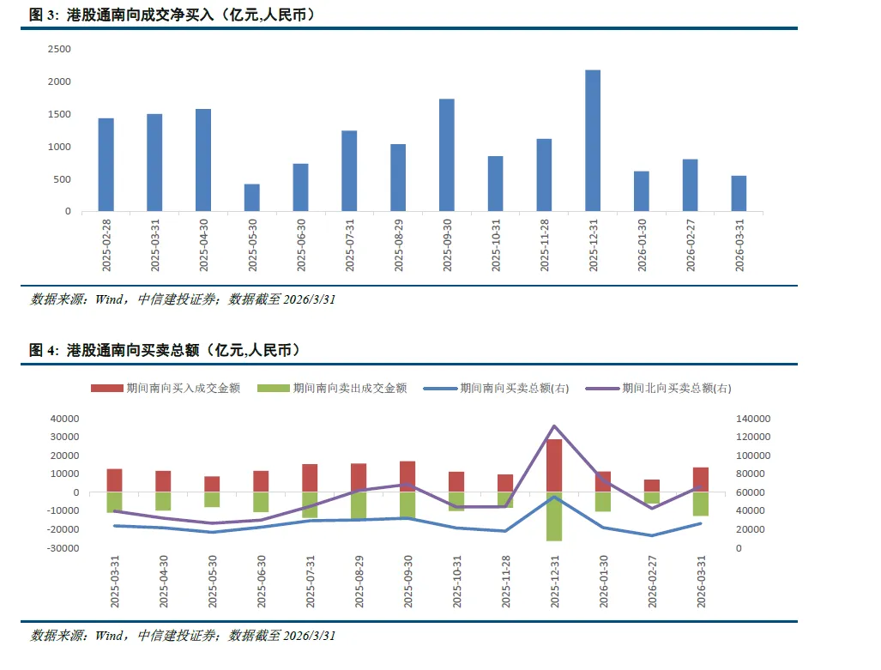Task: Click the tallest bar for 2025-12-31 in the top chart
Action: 592,141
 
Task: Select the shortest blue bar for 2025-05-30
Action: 251,197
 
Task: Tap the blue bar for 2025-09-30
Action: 446,154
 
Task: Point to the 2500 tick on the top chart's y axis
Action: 59,49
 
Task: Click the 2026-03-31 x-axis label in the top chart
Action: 739,244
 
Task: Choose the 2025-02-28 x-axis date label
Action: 106,244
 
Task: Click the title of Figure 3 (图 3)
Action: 172,15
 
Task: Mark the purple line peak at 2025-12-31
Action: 554,426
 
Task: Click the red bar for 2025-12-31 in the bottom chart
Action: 554,465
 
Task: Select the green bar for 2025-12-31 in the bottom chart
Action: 554,516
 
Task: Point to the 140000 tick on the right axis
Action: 753,419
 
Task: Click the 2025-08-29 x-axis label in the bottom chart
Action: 359,582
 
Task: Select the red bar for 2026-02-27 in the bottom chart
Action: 652,486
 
